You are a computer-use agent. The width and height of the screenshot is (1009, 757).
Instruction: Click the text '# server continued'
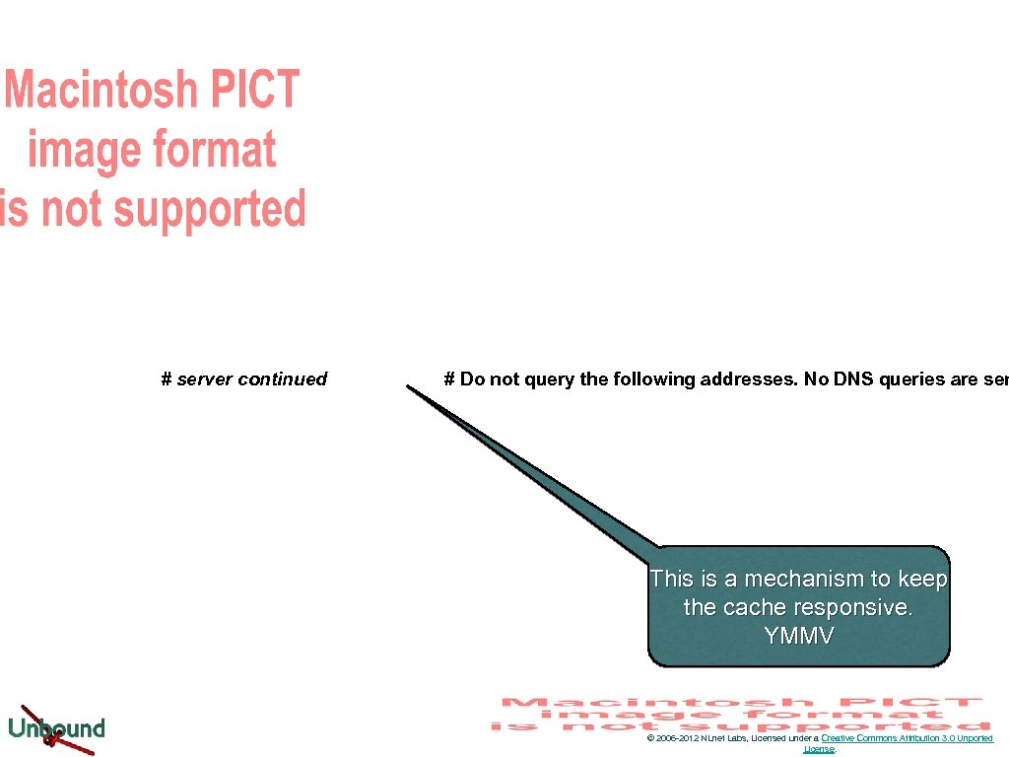point(243,379)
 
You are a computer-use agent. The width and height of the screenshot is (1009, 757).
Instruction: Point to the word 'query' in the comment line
point(552,379)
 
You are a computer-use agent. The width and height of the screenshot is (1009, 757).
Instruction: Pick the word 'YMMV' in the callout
point(799,636)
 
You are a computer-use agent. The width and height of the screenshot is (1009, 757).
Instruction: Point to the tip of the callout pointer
point(408,386)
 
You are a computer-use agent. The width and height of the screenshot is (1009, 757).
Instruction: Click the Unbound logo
point(56,728)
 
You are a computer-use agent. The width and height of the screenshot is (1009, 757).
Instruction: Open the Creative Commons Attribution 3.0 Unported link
point(907,738)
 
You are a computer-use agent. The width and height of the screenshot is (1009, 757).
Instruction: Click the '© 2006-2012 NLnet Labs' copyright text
point(697,738)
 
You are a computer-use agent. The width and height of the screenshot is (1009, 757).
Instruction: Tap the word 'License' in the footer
point(819,749)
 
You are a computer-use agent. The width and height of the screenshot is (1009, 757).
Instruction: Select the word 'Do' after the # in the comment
point(472,379)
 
